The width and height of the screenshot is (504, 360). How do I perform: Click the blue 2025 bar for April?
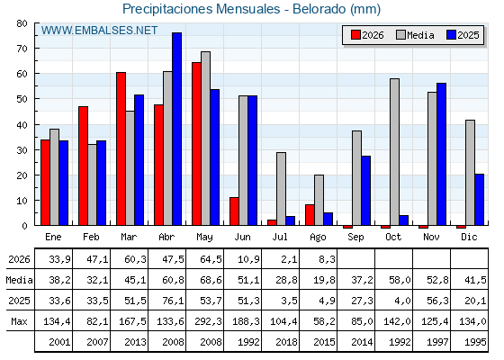coord(176,129)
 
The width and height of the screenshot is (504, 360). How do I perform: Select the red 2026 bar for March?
coord(121,148)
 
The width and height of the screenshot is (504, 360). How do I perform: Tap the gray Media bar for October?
coord(394,152)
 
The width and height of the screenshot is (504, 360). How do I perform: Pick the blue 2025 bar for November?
coord(441,154)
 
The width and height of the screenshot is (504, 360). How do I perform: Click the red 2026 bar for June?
coord(234,211)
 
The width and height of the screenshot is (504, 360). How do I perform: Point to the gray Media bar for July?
coord(281,189)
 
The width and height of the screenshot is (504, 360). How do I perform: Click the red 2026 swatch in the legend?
coord(355,35)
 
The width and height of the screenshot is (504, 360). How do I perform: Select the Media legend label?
coord(420,35)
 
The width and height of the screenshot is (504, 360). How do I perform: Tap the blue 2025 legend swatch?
coord(451,35)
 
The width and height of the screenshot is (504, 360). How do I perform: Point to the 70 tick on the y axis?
coord(37,49)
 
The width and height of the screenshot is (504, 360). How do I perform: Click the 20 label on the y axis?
coord(22,175)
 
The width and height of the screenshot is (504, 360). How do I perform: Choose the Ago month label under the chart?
coord(318,238)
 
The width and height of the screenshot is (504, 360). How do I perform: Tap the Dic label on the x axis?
coord(469,237)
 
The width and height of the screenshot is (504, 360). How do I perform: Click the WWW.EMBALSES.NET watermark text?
coord(99,31)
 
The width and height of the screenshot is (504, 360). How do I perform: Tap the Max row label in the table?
coord(19,321)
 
